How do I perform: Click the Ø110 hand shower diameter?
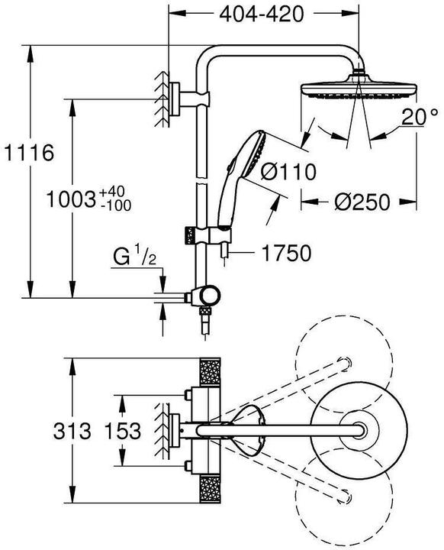(x=288, y=173)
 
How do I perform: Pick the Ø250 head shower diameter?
(x=362, y=202)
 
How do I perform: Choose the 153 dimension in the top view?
(x=123, y=431)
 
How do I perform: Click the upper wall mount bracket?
(x=177, y=97)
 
